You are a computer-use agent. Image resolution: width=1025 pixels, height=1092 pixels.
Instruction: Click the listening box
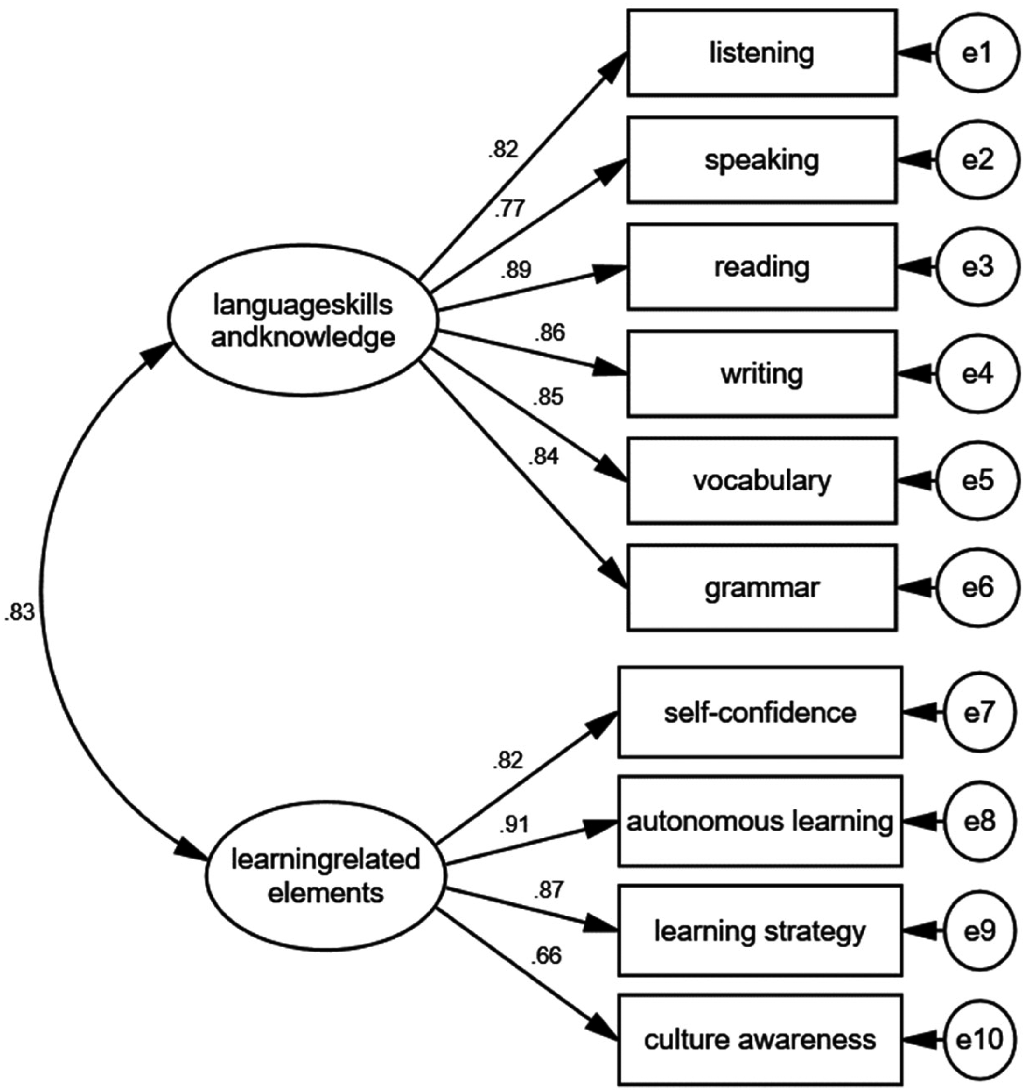pyautogui.click(x=762, y=53)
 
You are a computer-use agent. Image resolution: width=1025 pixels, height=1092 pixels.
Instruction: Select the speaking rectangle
pyautogui.click(x=762, y=160)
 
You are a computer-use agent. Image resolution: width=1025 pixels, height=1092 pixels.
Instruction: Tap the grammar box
pyautogui.click(x=762, y=588)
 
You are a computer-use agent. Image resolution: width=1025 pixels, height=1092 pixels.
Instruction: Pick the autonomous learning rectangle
pyautogui.click(x=760, y=822)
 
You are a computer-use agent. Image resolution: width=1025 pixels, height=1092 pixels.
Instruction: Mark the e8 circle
pyautogui.click(x=979, y=822)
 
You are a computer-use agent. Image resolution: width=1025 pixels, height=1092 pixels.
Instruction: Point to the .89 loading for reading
pyautogui.click(x=516, y=270)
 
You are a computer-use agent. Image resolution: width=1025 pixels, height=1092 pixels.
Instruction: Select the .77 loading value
pyautogui.click(x=510, y=209)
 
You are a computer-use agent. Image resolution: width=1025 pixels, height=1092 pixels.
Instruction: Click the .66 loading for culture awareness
pyautogui.click(x=547, y=956)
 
